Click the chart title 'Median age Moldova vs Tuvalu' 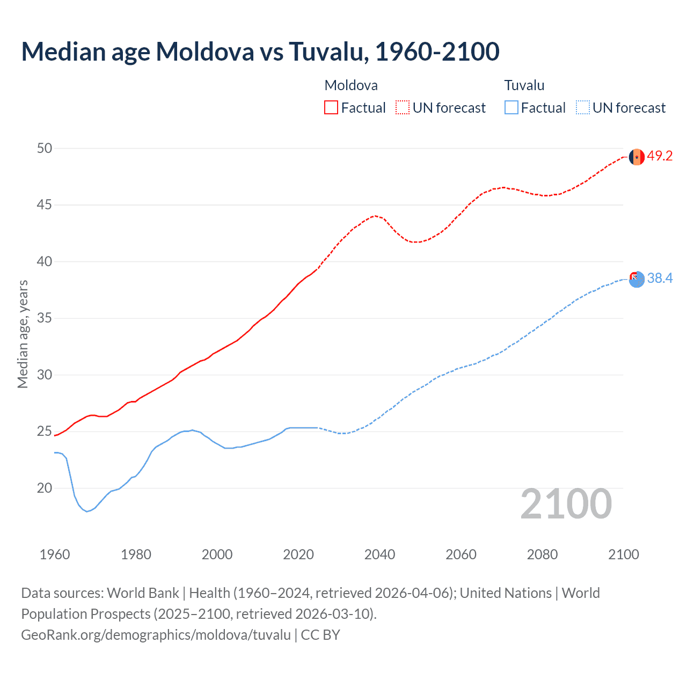[x=260, y=52]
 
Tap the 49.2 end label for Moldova [x=660, y=156]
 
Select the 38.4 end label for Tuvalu [x=660, y=278]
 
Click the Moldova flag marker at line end [x=637, y=157]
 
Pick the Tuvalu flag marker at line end [x=637, y=279]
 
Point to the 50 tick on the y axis [x=45, y=148]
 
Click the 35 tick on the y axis [x=45, y=318]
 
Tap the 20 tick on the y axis [x=45, y=488]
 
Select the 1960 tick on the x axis [x=55, y=554]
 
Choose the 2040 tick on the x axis [x=379, y=554]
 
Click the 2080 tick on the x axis [x=542, y=554]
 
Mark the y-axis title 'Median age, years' [x=23, y=334]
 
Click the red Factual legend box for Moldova [x=331, y=107]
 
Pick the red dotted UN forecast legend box [x=403, y=107]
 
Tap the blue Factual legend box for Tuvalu [x=511, y=107]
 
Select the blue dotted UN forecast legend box [x=582, y=107]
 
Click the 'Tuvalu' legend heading [x=524, y=85]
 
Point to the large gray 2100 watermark [x=566, y=503]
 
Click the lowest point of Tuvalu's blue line [x=87, y=511]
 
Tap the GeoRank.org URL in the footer [x=156, y=634]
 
